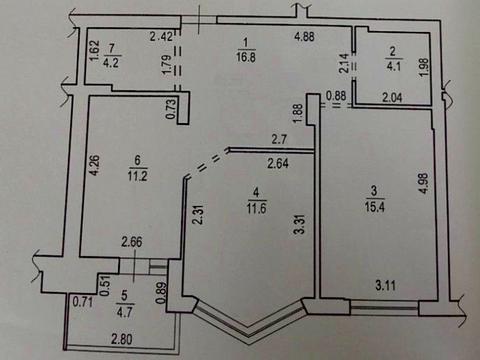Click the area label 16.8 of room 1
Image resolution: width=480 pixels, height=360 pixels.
tap(244, 58)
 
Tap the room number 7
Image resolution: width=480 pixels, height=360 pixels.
tap(113, 46)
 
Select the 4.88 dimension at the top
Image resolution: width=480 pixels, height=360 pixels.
tap(308, 39)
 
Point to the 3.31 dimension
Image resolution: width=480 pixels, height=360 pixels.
tap(298, 236)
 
